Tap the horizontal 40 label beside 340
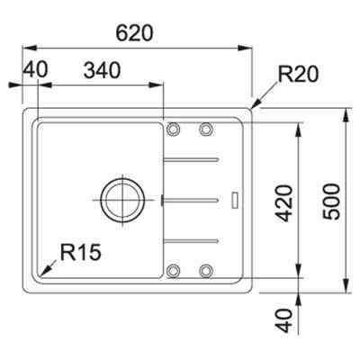[35, 69]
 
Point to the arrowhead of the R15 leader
[42, 273]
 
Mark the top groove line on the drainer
[191, 160]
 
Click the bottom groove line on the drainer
[191, 238]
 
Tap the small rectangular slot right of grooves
[235, 199]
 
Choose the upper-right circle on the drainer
[206, 130]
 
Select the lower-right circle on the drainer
[206, 268]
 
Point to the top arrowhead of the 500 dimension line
[348, 114]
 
